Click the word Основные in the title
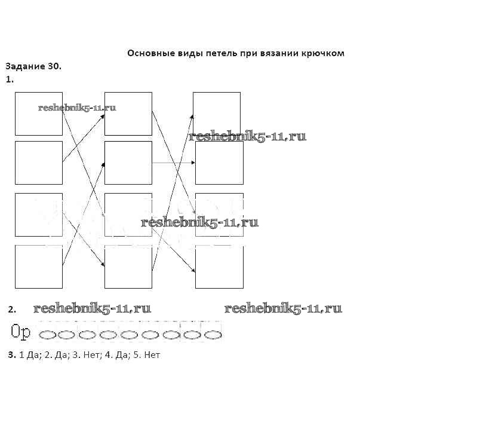coord(147,53)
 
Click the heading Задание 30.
coord(33,66)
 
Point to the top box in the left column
coord(39,114)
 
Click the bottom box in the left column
coord(39,267)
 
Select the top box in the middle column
coord(128,114)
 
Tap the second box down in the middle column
coord(128,163)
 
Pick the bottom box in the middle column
coord(128,267)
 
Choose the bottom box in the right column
coord(219,267)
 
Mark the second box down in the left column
coord(39,163)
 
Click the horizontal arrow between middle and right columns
coord(173,163)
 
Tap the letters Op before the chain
coord(21,332)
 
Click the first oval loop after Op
coord(47,335)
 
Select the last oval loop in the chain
coord(213,335)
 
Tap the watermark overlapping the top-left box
coord(77,108)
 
